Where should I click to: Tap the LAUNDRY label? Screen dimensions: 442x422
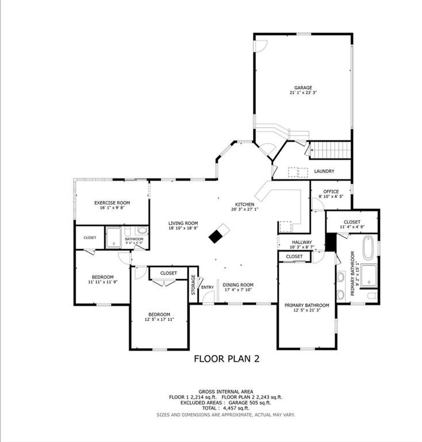click(x=324, y=172)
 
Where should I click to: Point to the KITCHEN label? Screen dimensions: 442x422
click(x=244, y=204)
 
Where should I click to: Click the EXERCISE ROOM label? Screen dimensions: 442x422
click(x=112, y=203)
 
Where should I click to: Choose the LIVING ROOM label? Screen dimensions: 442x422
click(x=183, y=223)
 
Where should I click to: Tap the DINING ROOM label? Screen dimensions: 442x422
click(x=238, y=284)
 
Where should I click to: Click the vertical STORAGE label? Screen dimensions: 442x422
click(x=193, y=285)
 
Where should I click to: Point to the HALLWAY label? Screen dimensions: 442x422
click(x=301, y=242)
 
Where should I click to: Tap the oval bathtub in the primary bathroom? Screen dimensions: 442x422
click(x=372, y=248)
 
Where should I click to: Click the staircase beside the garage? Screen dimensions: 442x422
click(x=330, y=150)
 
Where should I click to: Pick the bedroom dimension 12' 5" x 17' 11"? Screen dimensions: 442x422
click(x=159, y=319)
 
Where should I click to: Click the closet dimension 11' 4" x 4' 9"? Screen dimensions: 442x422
click(x=352, y=227)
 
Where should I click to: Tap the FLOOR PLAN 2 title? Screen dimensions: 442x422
click(x=227, y=359)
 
